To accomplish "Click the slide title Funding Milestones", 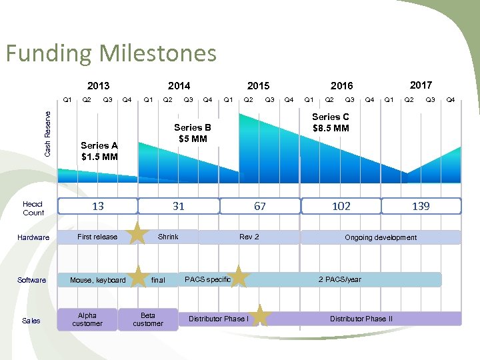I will tap(111, 53).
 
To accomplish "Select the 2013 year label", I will tap(98, 85).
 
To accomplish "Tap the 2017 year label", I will tap(421, 85).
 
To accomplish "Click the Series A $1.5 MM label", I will tap(99, 151).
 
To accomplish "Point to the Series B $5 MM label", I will tap(192, 133).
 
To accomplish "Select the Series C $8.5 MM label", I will tap(331, 122).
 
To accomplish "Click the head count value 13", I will tap(98, 207).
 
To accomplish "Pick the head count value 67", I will tap(259, 207).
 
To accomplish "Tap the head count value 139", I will tap(421, 207).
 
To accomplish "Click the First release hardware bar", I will tap(97, 237).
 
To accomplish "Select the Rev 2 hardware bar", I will tap(249, 237).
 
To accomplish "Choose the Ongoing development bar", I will tap(381, 237).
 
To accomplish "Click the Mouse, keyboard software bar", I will tap(98, 280).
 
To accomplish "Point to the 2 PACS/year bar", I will tap(340, 279).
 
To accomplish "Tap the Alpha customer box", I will tap(87, 319).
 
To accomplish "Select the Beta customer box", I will tap(148, 319).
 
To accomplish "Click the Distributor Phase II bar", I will tap(361, 319).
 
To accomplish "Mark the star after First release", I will tap(137, 234).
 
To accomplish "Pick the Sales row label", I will tap(31, 321).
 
